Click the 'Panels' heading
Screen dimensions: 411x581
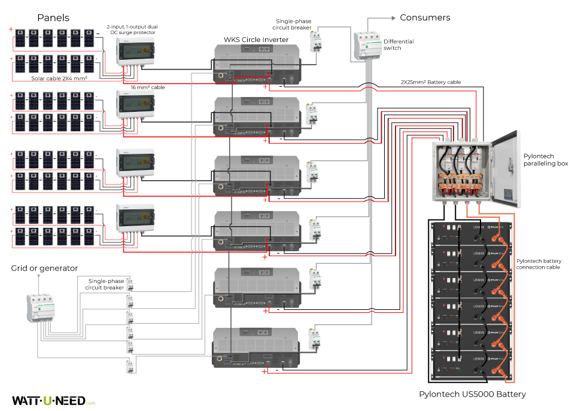(x=53, y=18)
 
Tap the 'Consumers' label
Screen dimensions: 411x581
(x=425, y=18)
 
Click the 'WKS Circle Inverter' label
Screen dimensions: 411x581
(x=256, y=40)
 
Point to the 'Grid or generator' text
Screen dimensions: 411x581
(x=44, y=268)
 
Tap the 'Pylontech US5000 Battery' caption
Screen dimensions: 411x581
(x=473, y=394)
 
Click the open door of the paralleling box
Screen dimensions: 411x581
(x=504, y=168)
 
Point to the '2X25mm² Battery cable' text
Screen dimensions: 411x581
(x=431, y=82)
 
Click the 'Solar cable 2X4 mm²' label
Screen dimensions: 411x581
(x=59, y=78)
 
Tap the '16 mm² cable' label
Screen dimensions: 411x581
(x=148, y=87)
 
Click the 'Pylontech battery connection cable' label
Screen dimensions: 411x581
(x=539, y=264)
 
